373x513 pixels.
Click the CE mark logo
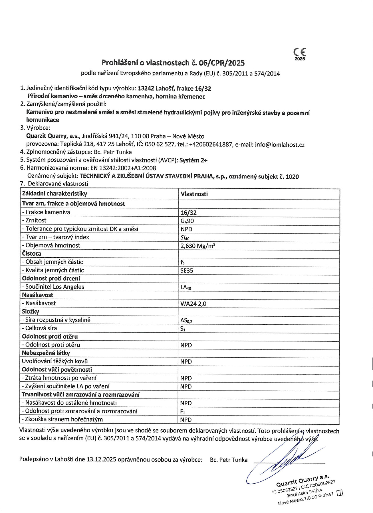point(299,52)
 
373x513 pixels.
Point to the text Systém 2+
point(193,160)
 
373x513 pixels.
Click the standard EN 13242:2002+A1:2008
point(123,168)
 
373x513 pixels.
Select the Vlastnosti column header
point(194,194)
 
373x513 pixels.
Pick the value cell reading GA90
point(187,221)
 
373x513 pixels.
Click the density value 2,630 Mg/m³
point(198,246)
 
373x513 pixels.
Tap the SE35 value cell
point(187,270)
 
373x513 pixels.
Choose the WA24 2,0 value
point(193,304)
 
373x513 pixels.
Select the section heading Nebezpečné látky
point(46,353)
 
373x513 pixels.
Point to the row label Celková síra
point(40,328)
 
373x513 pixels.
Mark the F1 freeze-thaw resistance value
point(183,411)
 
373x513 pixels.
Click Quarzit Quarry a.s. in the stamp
point(303,481)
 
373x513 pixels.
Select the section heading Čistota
point(32,254)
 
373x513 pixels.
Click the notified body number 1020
point(292,176)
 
